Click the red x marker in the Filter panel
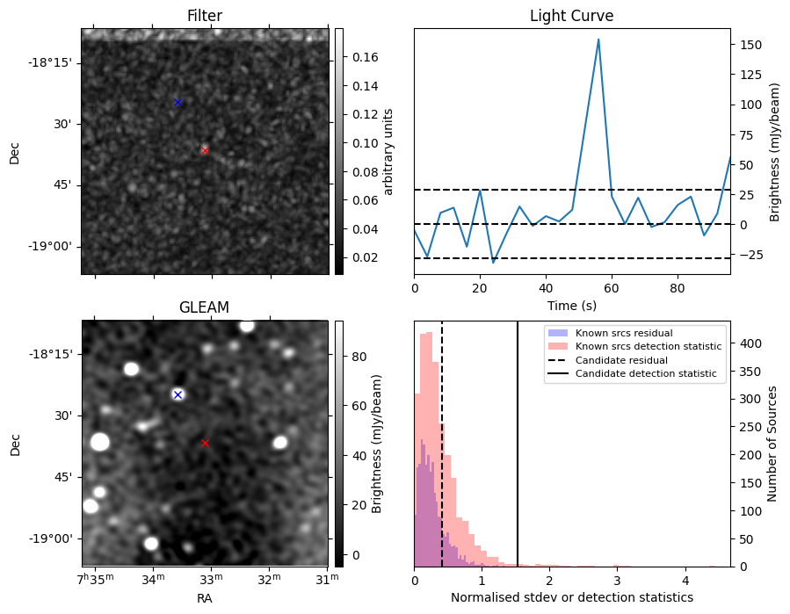[x=205, y=150]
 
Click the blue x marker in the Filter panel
[x=178, y=103]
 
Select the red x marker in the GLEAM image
[x=205, y=443]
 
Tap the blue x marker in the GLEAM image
[x=178, y=394]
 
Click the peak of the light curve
[x=598, y=40]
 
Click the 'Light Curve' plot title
[x=571, y=17]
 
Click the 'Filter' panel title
[x=205, y=17]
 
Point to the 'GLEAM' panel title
[x=204, y=307]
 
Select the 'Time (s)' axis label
[x=571, y=304]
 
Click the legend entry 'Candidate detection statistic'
[x=645, y=374]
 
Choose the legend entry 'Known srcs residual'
[x=624, y=333]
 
